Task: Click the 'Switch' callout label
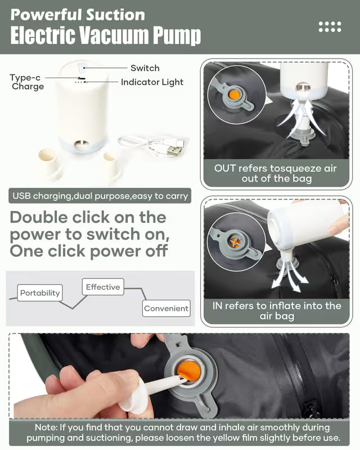click(x=145, y=68)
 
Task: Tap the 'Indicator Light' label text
click(x=152, y=82)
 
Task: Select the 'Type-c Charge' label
click(x=26, y=82)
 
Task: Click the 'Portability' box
click(x=40, y=292)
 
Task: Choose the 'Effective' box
click(x=103, y=287)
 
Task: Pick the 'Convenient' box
click(x=166, y=308)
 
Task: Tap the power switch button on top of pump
click(x=81, y=67)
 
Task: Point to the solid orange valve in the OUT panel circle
click(x=234, y=95)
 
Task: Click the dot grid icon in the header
click(x=330, y=26)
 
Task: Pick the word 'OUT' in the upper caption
click(x=225, y=168)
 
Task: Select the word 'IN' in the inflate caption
click(x=217, y=305)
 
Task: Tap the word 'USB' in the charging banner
click(x=21, y=196)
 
